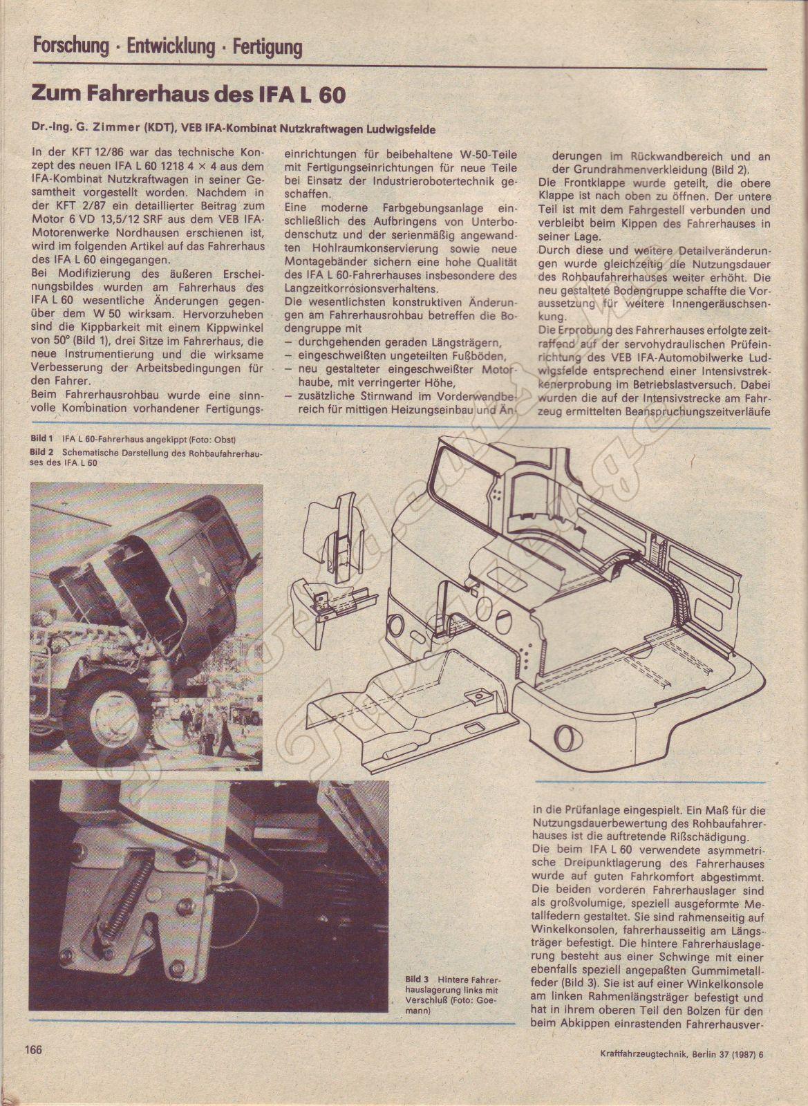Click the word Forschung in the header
(71, 47)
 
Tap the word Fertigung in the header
(267, 47)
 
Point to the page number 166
(35, 1068)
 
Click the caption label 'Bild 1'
(42, 438)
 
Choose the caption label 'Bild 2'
(42, 451)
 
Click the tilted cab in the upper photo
(187, 546)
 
